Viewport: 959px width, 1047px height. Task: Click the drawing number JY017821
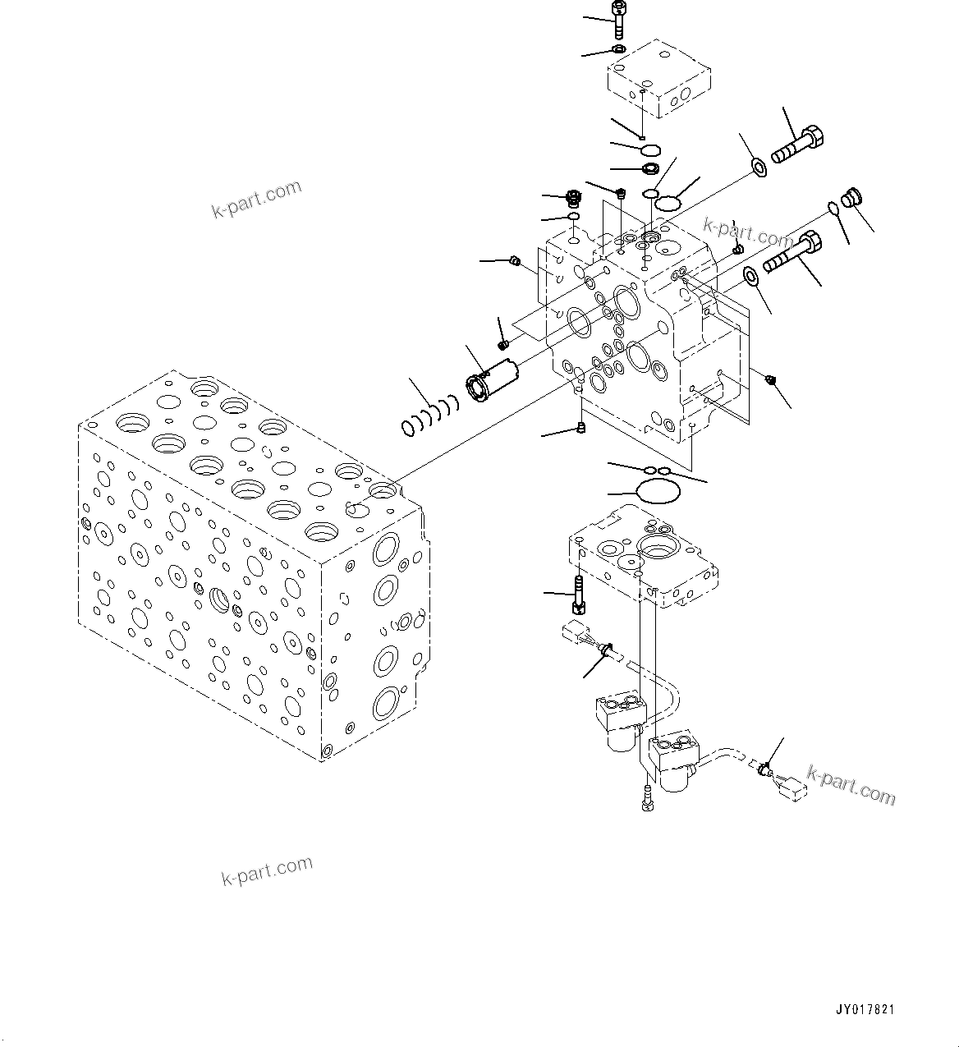pos(866,1008)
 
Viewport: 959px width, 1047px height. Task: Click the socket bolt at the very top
pos(618,18)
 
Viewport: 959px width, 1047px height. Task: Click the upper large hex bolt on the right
pos(798,145)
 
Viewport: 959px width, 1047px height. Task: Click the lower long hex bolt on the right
pos(791,252)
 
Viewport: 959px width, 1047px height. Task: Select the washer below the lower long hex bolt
pos(751,276)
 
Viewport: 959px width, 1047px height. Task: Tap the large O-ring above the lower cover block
pos(658,493)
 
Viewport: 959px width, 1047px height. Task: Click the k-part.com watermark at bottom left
pos(267,870)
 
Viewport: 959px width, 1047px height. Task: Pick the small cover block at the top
pos(659,78)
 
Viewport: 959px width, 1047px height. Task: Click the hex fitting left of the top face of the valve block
pos(574,198)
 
